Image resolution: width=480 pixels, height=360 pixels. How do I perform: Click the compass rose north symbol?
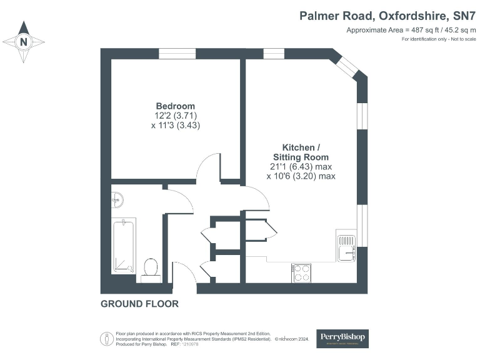click(x=24, y=42)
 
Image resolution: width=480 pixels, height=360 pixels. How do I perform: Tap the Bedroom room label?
click(x=175, y=106)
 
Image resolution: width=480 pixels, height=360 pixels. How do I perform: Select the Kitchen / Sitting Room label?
click(x=301, y=152)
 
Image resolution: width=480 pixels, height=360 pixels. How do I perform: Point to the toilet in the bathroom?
click(x=150, y=268)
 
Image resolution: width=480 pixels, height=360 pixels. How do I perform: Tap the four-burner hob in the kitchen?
click(x=301, y=272)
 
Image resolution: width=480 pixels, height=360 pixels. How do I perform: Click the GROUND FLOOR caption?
click(x=139, y=304)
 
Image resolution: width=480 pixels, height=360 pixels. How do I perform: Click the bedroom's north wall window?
click(x=177, y=54)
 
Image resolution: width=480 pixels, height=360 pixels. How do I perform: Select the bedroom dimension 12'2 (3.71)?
click(x=175, y=116)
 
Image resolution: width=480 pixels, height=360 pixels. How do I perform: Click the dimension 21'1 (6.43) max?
click(x=301, y=167)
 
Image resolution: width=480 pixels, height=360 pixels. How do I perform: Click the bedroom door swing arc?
click(x=208, y=166)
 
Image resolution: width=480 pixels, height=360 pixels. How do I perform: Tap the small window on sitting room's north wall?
click(x=273, y=54)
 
